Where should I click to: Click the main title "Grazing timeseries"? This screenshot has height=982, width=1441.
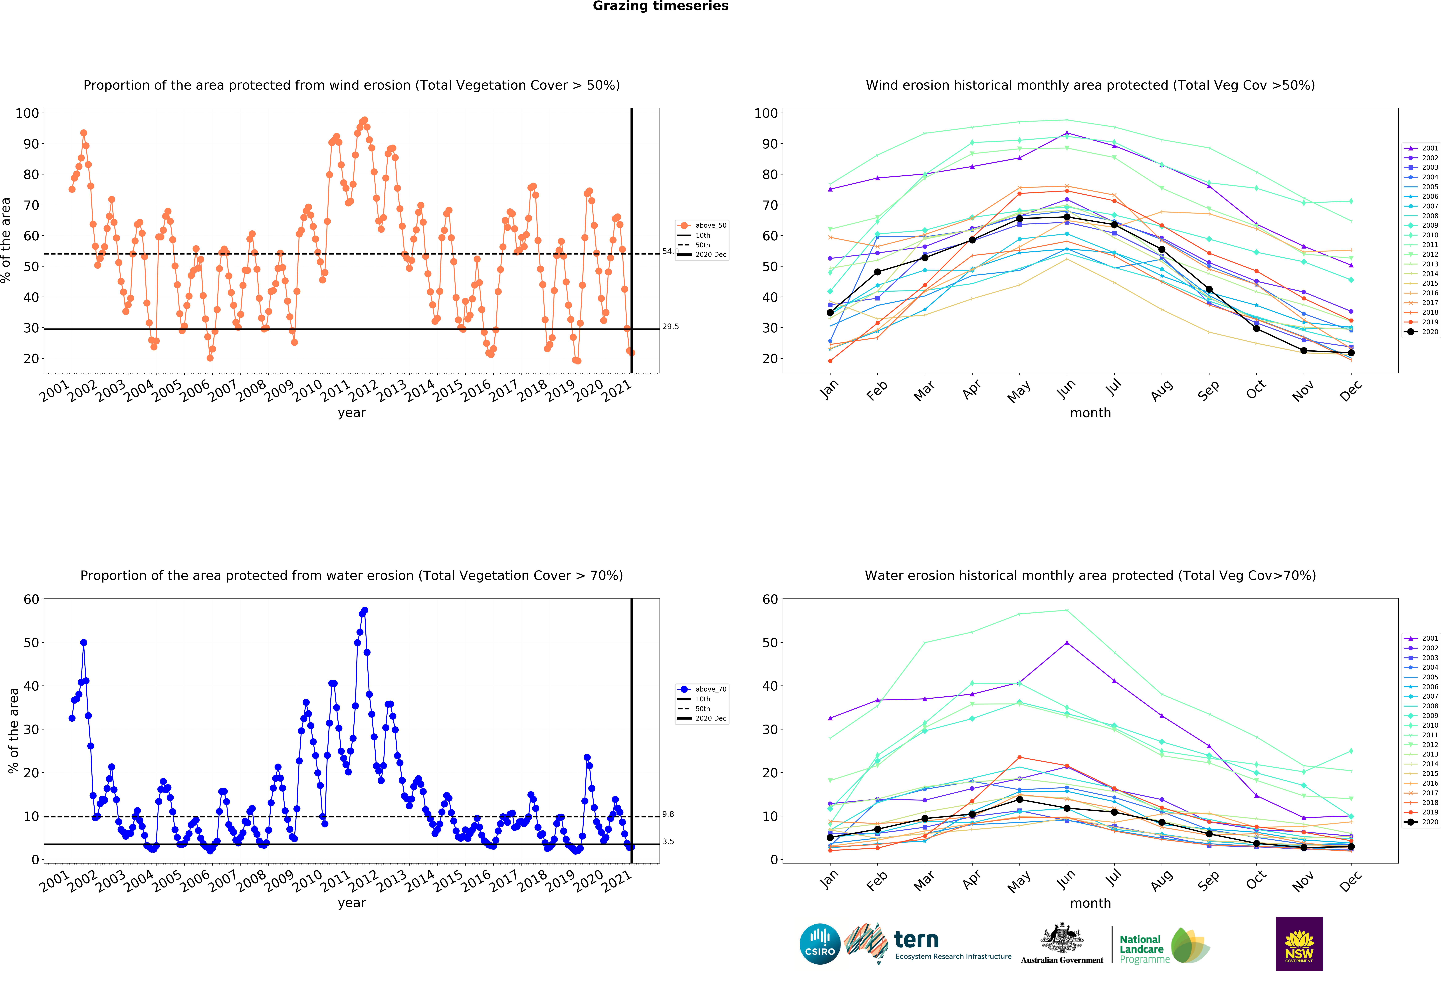pos(660,6)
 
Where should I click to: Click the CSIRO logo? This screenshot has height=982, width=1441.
pos(820,944)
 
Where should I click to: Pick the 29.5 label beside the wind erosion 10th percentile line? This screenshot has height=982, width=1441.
pos(670,327)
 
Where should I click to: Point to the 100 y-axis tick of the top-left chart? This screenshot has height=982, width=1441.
pos(27,113)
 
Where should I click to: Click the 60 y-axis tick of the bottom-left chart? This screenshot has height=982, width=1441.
pos(31,599)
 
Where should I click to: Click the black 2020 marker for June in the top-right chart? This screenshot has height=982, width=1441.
pos(1066,217)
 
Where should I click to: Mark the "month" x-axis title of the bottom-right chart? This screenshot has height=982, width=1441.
pos(1090,903)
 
